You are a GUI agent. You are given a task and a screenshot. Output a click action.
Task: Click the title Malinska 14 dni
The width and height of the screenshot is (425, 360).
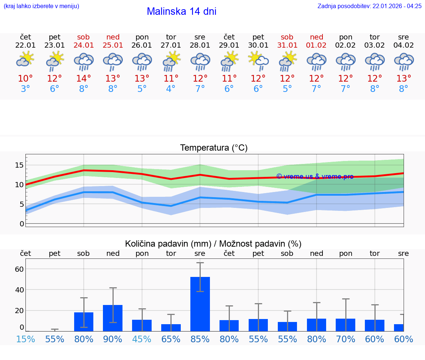[182, 11]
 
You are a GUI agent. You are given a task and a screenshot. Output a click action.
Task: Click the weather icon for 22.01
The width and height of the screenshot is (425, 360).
[25, 59]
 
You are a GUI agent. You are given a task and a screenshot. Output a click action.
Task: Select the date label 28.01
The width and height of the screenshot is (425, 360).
[200, 45]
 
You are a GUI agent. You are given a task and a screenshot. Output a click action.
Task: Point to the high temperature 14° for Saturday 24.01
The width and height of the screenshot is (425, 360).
[84, 79]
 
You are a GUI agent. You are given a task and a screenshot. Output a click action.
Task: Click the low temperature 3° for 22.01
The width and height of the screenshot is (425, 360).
[25, 89]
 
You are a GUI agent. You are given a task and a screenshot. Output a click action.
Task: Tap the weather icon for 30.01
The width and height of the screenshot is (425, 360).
[258, 59]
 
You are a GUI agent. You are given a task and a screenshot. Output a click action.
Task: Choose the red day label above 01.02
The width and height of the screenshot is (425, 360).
[317, 37]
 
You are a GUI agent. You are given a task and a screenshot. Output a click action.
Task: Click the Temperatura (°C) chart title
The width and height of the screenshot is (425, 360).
[214, 148]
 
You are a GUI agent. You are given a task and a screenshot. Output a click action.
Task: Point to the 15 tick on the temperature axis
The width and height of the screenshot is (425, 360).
[19, 165]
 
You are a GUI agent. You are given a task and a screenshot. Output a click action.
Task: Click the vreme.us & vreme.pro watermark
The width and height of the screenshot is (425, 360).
[315, 176]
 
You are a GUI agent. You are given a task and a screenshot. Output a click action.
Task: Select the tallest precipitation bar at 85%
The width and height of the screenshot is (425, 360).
[200, 304]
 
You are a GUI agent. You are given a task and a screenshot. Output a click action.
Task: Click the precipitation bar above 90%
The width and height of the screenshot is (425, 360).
[113, 318]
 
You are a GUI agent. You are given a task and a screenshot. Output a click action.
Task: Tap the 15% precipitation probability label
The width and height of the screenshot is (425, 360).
[25, 339]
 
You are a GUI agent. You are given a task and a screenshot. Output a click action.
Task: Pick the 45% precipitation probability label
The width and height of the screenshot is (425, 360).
[142, 339]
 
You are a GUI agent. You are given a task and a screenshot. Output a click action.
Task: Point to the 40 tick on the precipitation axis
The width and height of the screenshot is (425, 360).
[19, 290]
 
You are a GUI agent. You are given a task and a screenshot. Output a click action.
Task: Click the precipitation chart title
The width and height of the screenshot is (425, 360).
[213, 244]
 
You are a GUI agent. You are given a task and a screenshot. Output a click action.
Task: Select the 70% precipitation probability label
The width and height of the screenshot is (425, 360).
[346, 339]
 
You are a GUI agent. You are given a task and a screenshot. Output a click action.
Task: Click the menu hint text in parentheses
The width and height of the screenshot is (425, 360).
[41, 6]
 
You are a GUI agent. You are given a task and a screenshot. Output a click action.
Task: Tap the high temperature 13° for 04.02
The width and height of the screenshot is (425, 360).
[404, 79]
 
